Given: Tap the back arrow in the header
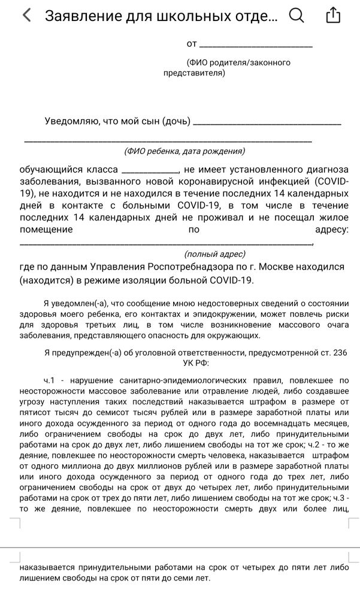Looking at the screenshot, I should pos(26,16).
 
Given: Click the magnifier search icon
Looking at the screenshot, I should pos(297,16).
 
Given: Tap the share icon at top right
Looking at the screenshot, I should pos(333,16).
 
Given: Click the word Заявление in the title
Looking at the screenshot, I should pos(83,16).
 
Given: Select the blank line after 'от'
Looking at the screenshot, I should pos(256,46).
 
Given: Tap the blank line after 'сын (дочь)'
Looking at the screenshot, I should pos(268,123).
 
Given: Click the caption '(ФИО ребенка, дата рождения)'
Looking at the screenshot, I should pos(184,152).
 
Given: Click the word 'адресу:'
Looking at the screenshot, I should pos(331,229).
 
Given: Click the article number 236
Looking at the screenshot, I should pos(340,353).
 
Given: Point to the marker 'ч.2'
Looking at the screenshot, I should pos(316,444).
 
